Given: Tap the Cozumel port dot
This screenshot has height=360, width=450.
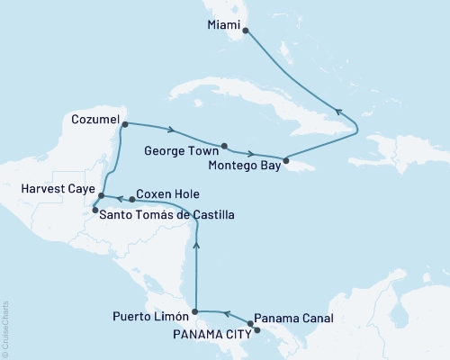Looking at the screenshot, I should click(x=124, y=124).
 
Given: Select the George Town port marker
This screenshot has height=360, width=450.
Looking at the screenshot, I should click(x=224, y=145).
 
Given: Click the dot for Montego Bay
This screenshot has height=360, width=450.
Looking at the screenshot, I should click(x=285, y=161).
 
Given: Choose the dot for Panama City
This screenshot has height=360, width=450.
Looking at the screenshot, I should click(x=256, y=330).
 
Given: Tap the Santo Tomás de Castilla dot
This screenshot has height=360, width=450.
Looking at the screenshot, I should click(x=94, y=211).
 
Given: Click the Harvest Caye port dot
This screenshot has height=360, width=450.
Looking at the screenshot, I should click(x=101, y=195).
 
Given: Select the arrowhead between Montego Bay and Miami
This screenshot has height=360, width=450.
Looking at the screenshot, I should click(x=338, y=112).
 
